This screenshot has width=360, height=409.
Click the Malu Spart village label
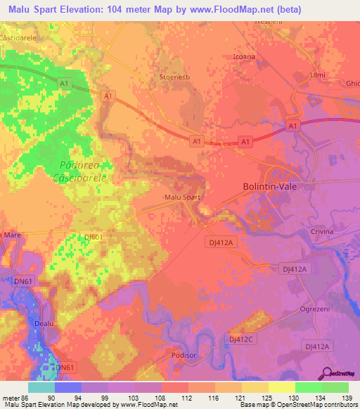point(182,197)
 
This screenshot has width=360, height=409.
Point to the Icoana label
point(243,58)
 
